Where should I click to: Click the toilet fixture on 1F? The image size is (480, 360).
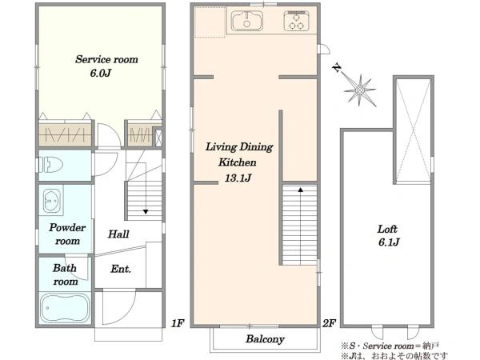coord(50,165)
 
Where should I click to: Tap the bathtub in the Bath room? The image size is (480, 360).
coord(65,308)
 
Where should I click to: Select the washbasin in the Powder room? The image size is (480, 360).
coord(52,201)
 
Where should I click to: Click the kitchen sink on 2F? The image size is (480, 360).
coord(246,21)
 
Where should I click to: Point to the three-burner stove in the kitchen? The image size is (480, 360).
coord(296,21)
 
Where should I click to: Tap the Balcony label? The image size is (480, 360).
coord(265,339)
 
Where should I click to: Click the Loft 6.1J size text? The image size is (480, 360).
coord(389,242)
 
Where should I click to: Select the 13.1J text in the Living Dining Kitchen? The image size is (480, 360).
coord(238,178)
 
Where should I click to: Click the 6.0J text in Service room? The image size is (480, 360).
coord(101,73)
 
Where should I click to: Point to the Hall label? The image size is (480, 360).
coord(118,234)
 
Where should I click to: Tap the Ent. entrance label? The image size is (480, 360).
coord(121,269)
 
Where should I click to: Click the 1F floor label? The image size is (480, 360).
coord(178,323)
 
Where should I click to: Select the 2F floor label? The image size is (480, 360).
coord(329,323)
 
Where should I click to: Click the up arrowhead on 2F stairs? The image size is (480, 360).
coord(301,190)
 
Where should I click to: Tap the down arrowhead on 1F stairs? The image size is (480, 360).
coord(146,211)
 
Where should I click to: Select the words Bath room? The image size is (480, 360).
coord(65,274)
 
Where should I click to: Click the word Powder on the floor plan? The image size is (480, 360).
coord(67,227)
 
